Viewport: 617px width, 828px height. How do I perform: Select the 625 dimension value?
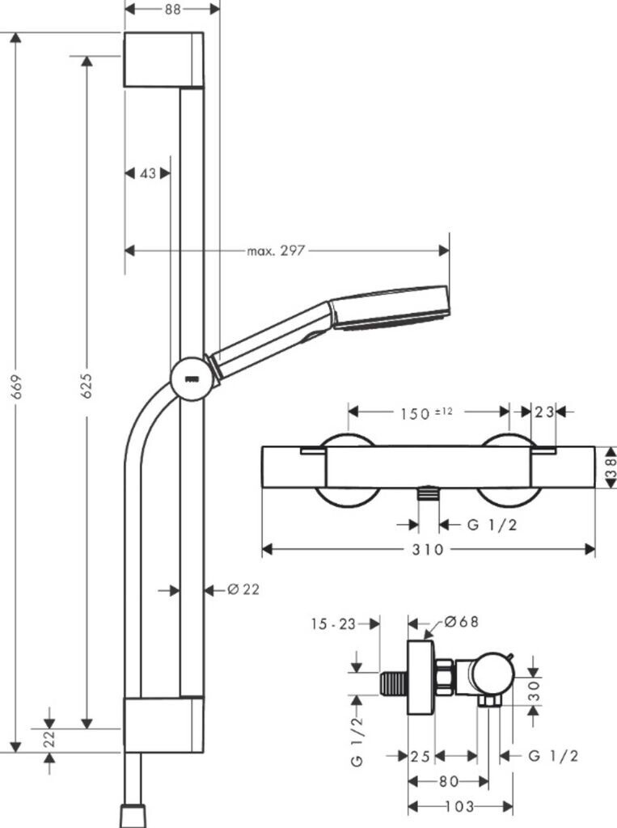(87, 386)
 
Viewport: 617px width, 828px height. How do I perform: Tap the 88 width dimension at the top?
(173, 9)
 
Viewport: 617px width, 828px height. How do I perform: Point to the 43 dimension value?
(149, 173)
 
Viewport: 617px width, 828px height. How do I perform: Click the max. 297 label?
(276, 251)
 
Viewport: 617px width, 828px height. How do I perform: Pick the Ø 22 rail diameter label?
(243, 589)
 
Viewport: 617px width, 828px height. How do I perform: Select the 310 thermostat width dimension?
(428, 550)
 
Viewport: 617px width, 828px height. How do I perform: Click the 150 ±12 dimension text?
(426, 413)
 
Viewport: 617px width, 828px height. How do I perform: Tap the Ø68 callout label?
(461, 622)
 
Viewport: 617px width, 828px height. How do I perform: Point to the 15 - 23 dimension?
(333, 624)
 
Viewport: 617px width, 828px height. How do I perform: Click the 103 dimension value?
(459, 806)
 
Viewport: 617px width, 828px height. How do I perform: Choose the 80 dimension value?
(449, 781)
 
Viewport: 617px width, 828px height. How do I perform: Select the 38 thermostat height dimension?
(611, 468)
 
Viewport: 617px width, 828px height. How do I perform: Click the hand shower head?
(390, 308)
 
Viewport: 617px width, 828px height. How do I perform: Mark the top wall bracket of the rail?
(164, 60)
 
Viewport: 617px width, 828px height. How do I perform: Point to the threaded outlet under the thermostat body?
(429, 494)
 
